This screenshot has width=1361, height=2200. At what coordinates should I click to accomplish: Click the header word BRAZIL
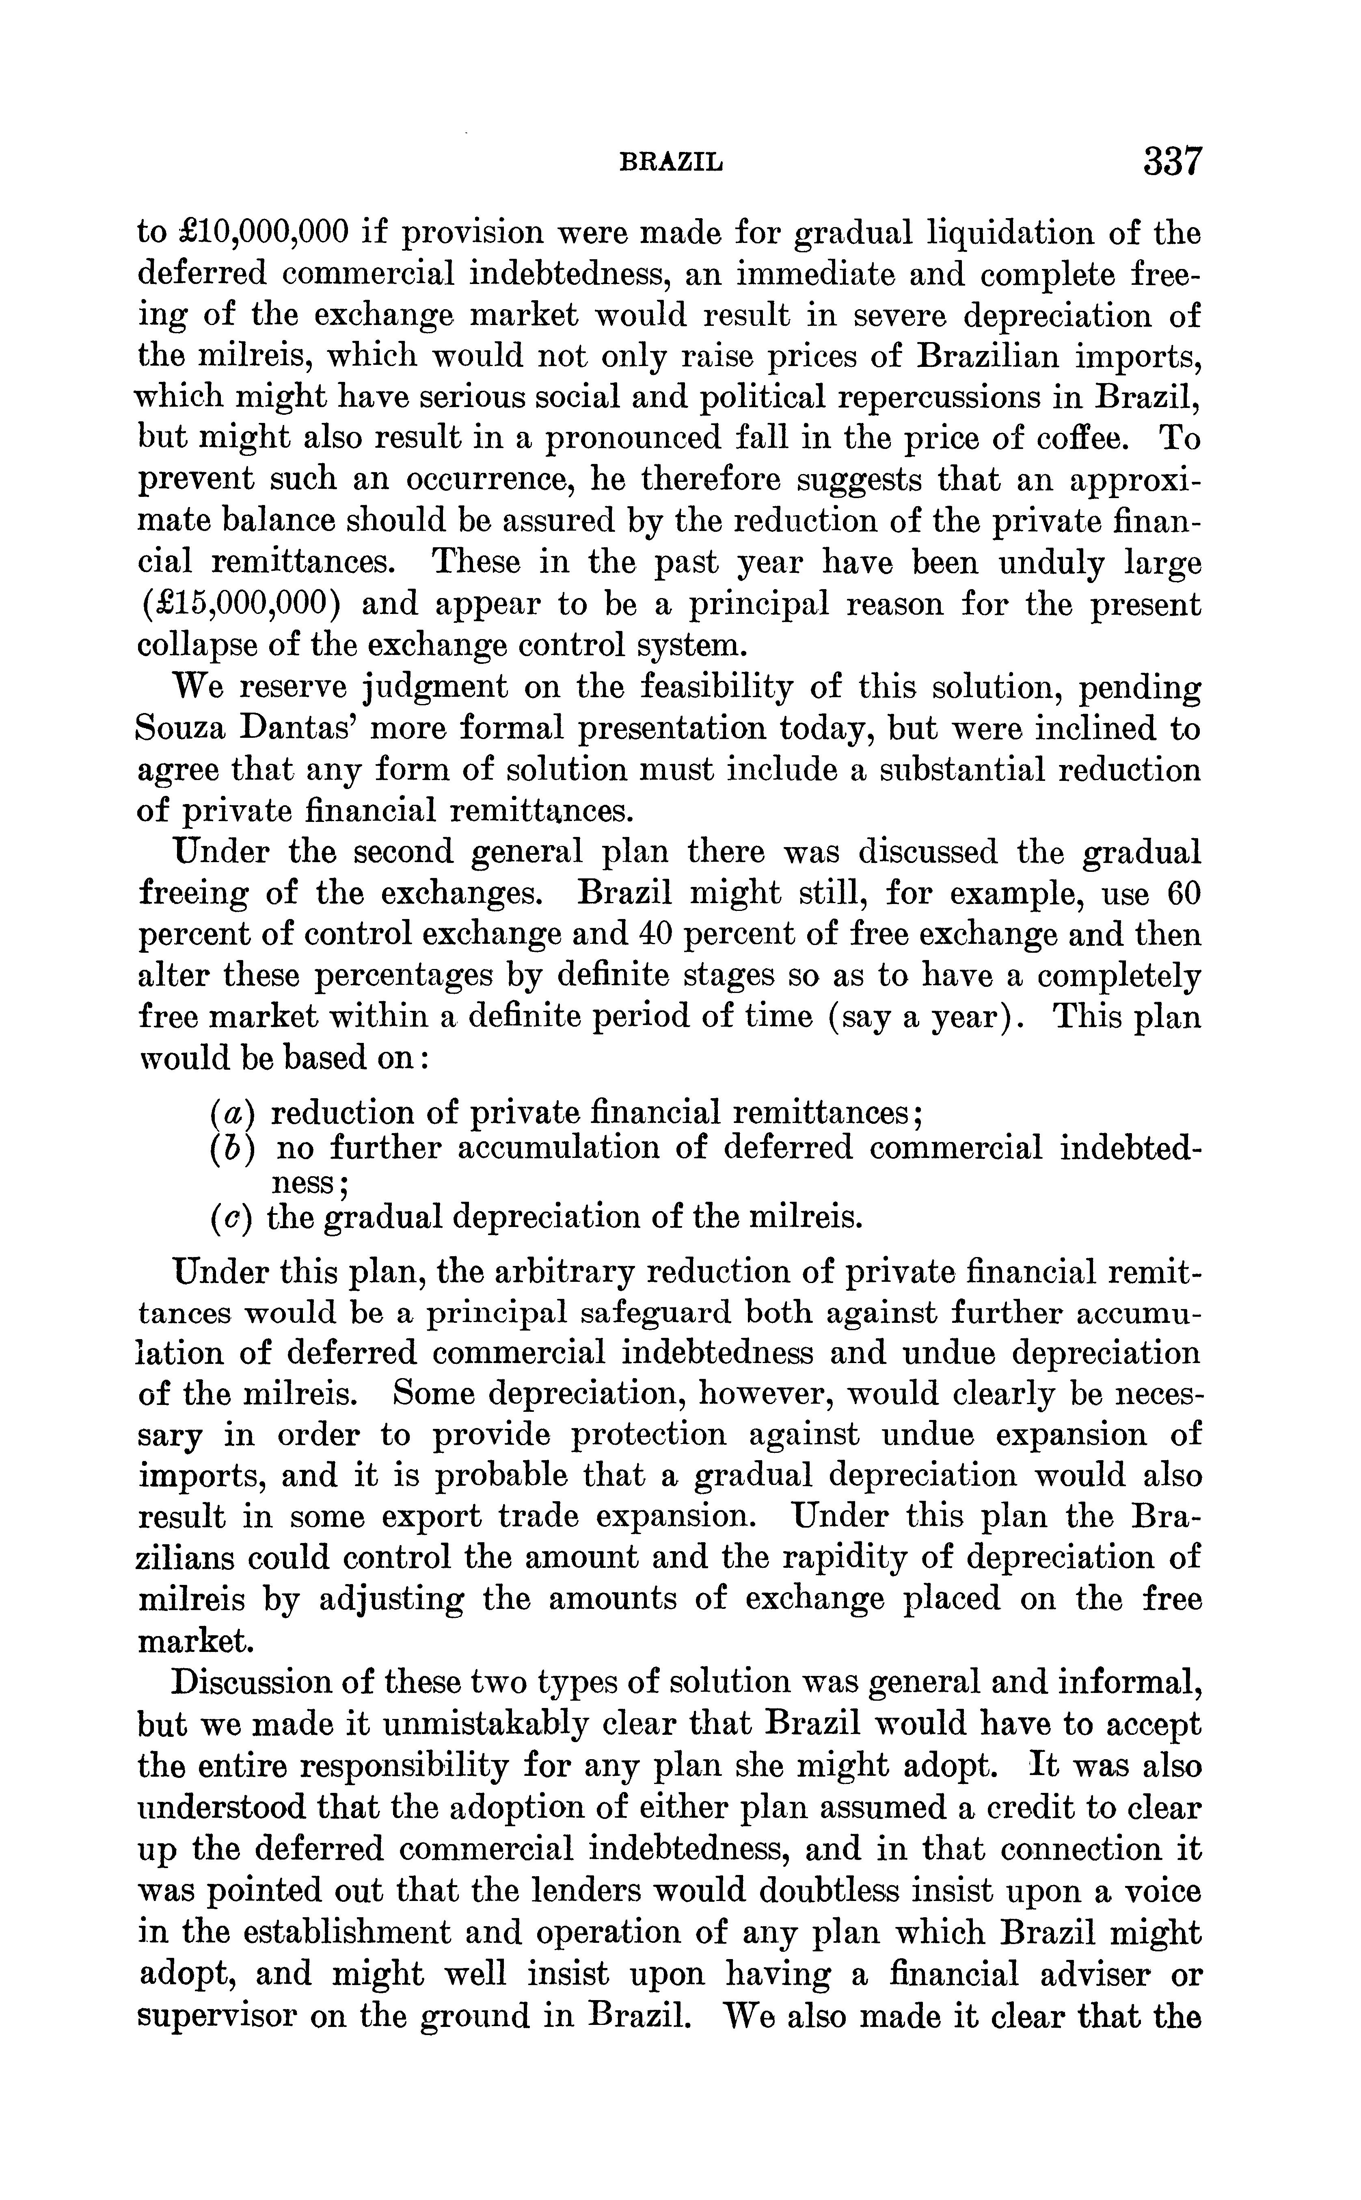click(672, 163)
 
